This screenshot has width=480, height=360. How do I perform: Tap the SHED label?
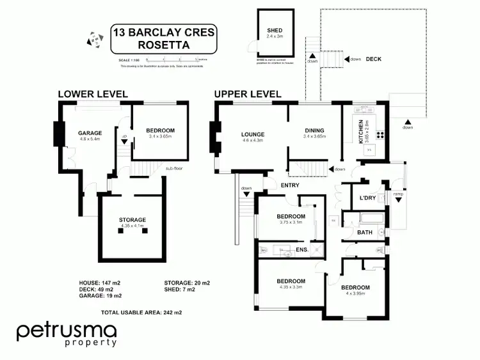coord(274,31)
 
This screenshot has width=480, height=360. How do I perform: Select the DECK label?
coord(374,59)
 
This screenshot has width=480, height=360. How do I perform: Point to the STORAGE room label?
coord(132,220)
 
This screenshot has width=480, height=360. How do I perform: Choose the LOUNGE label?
coord(253,134)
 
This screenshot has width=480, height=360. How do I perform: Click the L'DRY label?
coord(367,198)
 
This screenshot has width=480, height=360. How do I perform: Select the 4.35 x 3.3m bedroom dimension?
coord(291,288)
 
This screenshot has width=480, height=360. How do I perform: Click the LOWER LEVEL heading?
coord(93,94)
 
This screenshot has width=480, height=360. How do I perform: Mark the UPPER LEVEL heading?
coord(248,94)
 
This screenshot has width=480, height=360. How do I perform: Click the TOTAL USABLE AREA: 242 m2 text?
coord(141,313)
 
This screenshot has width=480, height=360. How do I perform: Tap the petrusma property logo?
coord(67,334)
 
